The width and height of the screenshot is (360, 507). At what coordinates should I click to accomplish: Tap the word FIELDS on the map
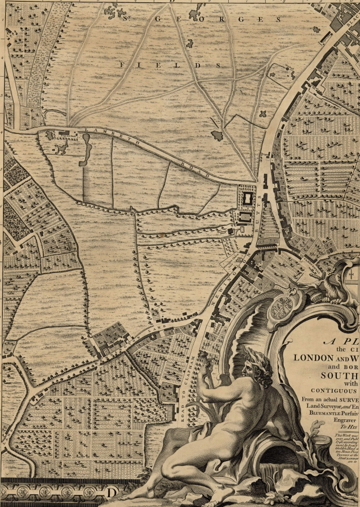(x=170, y=65)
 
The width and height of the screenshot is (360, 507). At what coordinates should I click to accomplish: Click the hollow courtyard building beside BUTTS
(x=248, y=199)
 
